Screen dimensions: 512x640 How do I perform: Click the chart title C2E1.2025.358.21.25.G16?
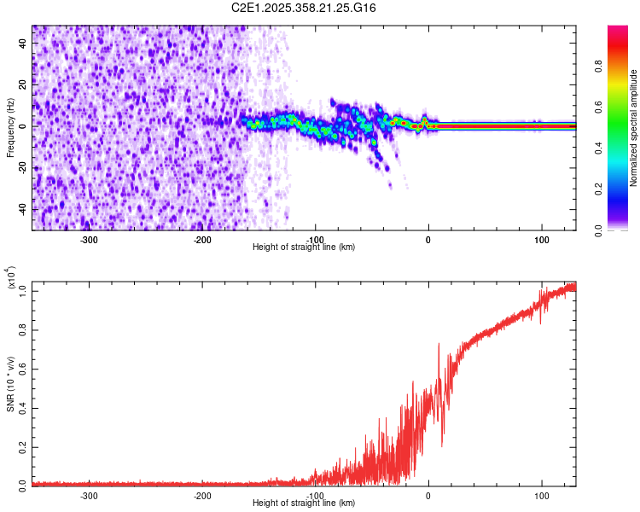[304, 8]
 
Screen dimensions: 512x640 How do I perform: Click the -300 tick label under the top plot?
[90, 239]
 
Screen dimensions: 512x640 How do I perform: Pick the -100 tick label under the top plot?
[316, 239]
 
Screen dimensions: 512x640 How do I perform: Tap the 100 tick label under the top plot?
[541, 239]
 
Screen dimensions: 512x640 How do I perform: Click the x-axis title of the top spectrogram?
[304, 247]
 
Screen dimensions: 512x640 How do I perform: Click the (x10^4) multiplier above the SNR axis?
[11, 277]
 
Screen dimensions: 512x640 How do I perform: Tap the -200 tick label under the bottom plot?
[202, 495]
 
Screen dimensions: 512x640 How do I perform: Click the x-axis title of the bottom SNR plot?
[304, 503]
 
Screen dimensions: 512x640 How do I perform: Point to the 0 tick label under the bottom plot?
[428, 495]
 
